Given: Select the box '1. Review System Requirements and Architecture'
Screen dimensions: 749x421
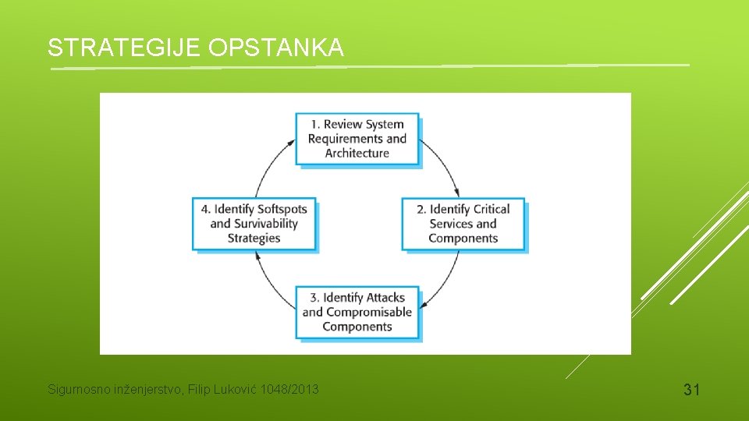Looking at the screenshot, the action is tap(357, 139).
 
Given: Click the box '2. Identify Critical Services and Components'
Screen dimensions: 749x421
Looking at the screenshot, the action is tap(463, 224).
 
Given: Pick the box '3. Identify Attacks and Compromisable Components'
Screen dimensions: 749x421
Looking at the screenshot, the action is tap(357, 312).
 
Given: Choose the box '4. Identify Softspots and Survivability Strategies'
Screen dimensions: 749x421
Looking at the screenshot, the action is tap(254, 224).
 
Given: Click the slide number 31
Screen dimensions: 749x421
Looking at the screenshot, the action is tap(691, 389).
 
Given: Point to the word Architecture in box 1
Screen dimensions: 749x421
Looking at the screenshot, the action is tap(357, 154).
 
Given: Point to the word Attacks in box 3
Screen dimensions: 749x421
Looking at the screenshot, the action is tap(385, 297).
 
